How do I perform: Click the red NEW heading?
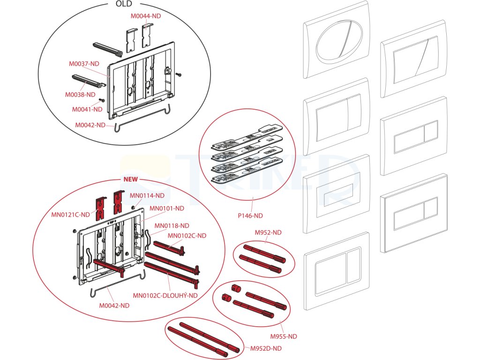[130, 180]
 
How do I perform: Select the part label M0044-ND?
[146, 16]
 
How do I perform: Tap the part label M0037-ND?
[84, 64]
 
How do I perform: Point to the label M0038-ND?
[80, 95]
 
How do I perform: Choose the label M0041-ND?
[87, 109]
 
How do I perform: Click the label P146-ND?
[250, 216]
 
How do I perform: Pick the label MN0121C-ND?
[70, 215]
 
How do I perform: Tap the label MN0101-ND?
[167, 208]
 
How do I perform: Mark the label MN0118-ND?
[172, 225]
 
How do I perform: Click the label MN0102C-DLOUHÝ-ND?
[165, 295]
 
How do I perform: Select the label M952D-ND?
[266, 348]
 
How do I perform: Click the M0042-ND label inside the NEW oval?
[114, 305]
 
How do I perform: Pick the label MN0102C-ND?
[187, 235]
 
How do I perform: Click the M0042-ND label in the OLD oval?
[90, 125]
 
